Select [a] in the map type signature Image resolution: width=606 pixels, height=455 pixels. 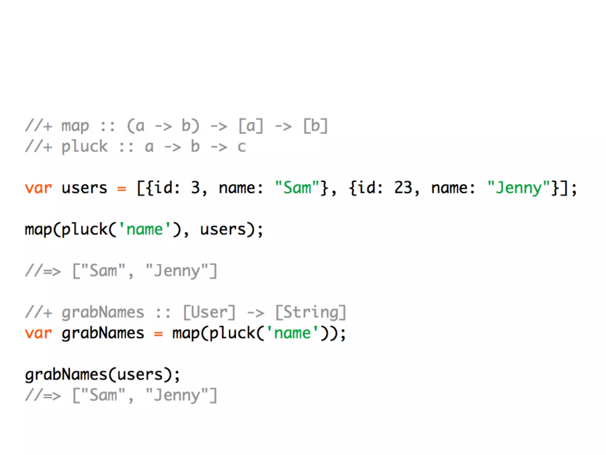pyautogui.click(x=251, y=126)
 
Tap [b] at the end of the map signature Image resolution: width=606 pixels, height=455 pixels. pyautogui.click(x=315, y=126)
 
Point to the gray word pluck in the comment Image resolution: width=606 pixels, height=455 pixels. pyautogui.click(x=84, y=147)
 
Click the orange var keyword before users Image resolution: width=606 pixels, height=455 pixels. pyautogui.click(x=38, y=188)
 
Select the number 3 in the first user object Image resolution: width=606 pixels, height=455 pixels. pyautogui.click(x=195, y=188)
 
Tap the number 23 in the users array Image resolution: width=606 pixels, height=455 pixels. pyautogui.click(x=403, y=188)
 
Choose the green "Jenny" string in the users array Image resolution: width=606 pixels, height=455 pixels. pyautogui.click(x=518, y=188)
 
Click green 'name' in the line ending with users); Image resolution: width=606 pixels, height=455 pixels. pyautogui.click(x=144, y=230)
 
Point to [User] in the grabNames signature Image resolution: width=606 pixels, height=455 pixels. pyautogui.click(x=209, y=313)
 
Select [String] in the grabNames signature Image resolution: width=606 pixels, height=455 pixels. pyautogui.click(x=311, y=313)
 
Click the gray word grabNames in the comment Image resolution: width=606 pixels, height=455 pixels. pyautogui.click(x=103, y=313)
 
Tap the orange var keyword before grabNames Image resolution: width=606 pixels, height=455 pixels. pyautogui.click(x=38, y=333)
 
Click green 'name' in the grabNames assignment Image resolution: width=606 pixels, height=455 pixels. pyautogui.click(x=292, y=333)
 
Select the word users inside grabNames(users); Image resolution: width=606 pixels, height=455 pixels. pyautogui.click(x=140, y=375)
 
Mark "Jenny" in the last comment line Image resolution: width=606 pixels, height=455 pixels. pyautogui.click(x=177, y=395)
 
